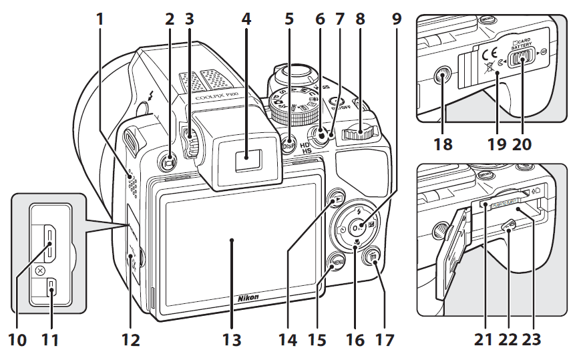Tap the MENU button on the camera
[x=337, y=262]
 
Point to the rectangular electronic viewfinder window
[x=247, y=158]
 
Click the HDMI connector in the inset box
[x=51, y=243]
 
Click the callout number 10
[x=18, y=340]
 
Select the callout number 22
[x=510, y=340]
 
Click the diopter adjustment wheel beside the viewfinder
[x=190, y=141]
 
